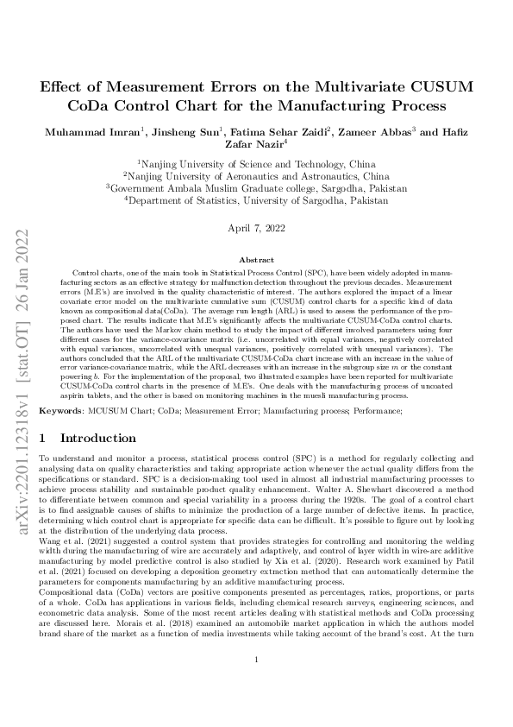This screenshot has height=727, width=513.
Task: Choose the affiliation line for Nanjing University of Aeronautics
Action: pos(255,174)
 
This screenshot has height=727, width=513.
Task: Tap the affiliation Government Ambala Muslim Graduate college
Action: pos(256,186)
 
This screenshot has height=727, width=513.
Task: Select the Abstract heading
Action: pos(255,260)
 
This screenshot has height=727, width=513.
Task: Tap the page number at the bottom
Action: pos(256,685)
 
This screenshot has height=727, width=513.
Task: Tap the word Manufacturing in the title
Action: pos(347,105)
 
